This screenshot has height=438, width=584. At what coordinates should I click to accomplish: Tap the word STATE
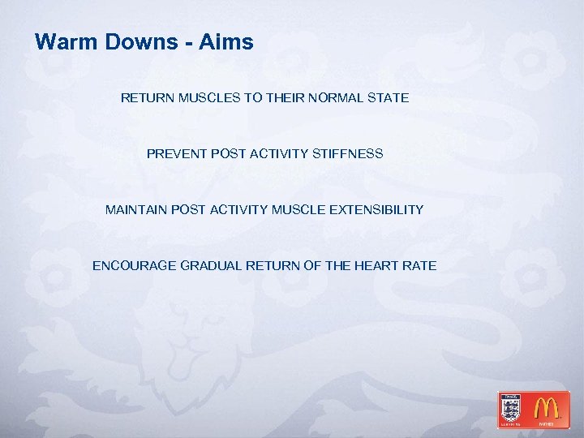tap(389, 98)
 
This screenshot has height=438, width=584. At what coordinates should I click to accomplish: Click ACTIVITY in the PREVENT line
tap(277, 153)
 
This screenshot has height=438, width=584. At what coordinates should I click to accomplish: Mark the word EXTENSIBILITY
tap(375, 210)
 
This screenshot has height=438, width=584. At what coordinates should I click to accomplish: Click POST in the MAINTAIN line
tap(190, 210)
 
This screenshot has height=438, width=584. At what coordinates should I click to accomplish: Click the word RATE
tap(421, 266)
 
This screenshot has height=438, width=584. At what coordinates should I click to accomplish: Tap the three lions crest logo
tap(511, 408)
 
